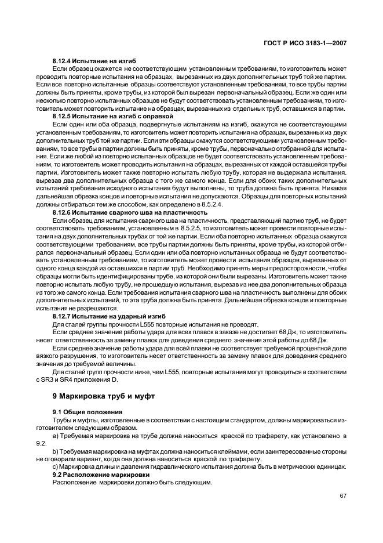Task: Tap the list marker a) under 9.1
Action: pyautogui.click(x=56, y=435)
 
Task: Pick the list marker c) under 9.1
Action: pyautogui.click(x=56, y=466)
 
